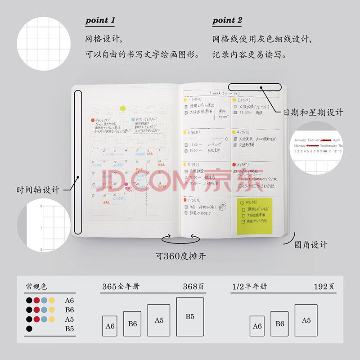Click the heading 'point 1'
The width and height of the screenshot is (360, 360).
[x=100, y=20]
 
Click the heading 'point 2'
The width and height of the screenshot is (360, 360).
[x=227, y=20]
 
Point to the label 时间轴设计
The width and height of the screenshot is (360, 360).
[x=38, y=190]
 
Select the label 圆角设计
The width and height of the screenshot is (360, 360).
[x=310, y=245]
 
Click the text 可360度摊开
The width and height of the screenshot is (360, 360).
[x=181, y=256]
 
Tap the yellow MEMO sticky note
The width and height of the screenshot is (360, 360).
[x=254, y=216]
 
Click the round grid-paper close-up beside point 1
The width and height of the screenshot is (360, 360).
[x=44, y=44]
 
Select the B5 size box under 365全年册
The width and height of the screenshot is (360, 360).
[x=190, y=317]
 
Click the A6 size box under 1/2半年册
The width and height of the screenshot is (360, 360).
[x=257, y=326]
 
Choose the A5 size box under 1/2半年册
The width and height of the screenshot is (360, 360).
[x=306, y=320]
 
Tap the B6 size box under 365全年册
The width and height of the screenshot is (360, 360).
[x=132, y=324]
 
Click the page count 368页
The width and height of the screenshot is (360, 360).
[x=192, y=287]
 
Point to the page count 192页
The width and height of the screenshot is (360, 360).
[x=324, y=287]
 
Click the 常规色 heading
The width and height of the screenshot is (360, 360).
[x=36, y=287]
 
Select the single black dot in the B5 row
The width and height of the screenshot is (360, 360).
[x=29, y=328]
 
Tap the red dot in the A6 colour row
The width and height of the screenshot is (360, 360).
[x=36, y=300]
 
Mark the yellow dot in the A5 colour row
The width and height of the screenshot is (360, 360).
[x=51, y=319]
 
